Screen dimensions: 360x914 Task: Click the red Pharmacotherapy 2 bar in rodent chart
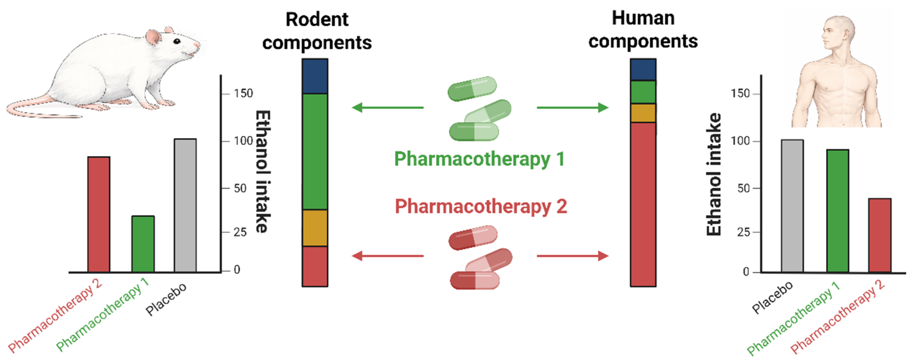click(x=99, y=214)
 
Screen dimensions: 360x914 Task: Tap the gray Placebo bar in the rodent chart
click(x=185, y=205)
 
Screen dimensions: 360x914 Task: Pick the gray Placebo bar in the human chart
click(x=792, y=206)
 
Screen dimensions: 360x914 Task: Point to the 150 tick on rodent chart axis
click(x=243, y=94)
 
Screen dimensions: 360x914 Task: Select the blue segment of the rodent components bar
click(x=315, y=76)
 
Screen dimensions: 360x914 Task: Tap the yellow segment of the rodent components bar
click(x=315, y=228)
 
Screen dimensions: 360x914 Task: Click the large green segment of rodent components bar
click(x=315, y=151)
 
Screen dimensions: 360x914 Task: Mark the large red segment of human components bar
click(x=643, y=204)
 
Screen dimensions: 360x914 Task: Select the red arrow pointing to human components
click(x=573, y=255)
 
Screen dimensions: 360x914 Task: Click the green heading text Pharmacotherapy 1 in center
click(x=479, y=159)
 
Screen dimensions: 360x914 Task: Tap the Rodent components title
click(x=317, y=31)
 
